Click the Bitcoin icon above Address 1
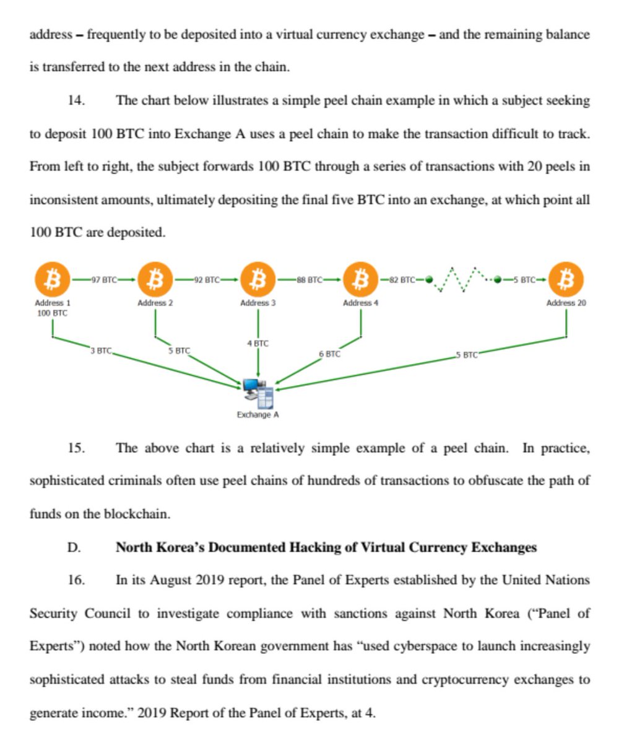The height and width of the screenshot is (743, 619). [x=52, y=279]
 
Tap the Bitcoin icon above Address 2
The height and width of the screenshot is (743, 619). [x=155, y=279]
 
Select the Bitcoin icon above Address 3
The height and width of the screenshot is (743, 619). [x=258, y=279]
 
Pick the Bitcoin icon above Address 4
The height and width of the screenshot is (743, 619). [x=360, y=279]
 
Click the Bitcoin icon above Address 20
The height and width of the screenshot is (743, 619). [x=566, y=279]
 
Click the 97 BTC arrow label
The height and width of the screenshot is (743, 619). [x=103, y=279]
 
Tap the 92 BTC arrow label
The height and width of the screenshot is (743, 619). [x=207, y=279]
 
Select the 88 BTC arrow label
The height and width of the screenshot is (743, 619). [x=309, y=279]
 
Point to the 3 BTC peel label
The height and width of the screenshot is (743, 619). [x=101, y=351]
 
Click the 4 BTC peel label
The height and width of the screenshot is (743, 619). [x=258, y=343]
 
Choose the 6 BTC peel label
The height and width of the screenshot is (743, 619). [x=329, y=354]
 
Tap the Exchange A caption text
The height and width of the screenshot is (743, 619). [x=258, y=414]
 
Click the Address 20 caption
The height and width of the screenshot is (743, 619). [x=566, y=303]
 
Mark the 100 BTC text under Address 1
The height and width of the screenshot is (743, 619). [x=52, y=313]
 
